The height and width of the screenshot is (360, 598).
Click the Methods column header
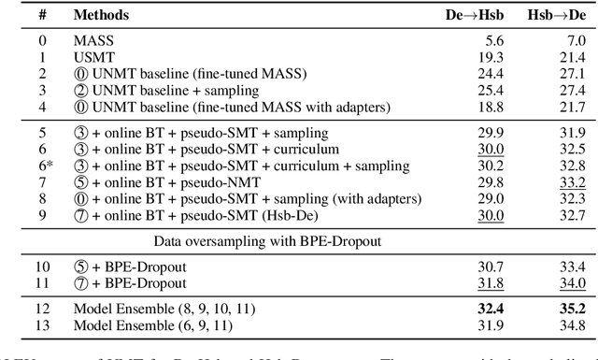coord(101,15)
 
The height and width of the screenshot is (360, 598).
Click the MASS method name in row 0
coord(92,42)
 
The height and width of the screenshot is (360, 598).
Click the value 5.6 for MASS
coord(493,42)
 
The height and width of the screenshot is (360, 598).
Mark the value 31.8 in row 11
coord(491,282)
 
